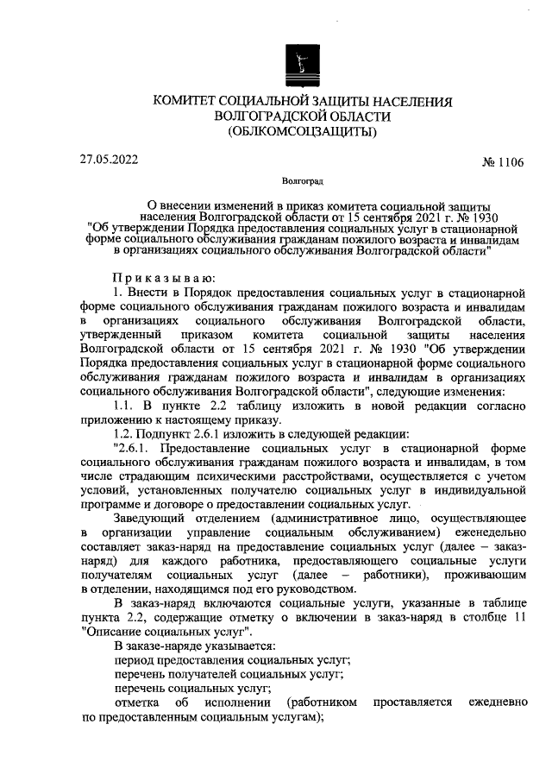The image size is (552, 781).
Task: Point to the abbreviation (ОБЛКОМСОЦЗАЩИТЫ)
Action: [301, 132]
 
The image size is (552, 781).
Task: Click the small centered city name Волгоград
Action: [302, 182]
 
